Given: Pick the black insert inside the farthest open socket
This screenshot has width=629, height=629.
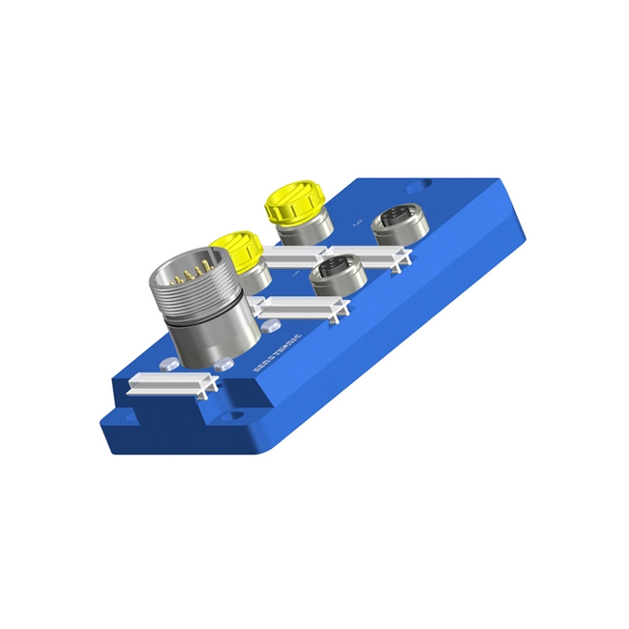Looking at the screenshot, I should point(396,217).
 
